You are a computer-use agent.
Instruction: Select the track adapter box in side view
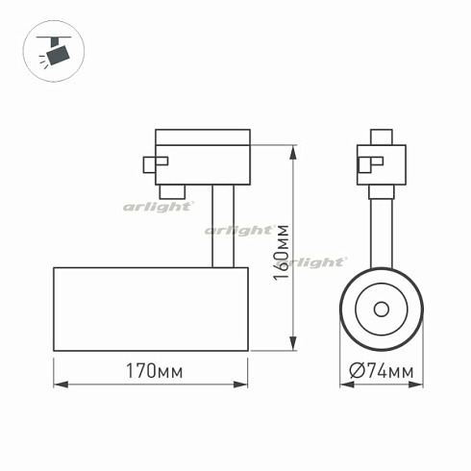click(x=202, y=156)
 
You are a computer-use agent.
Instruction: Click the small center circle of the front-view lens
click(x=381, y=309)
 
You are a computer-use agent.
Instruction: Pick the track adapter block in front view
click(x=382, y=163)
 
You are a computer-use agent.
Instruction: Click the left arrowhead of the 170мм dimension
click(x=58, y=384)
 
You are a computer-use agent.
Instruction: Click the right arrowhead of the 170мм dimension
click(x=246, y=384)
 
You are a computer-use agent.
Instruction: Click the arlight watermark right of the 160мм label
click(x=319, y=260)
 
